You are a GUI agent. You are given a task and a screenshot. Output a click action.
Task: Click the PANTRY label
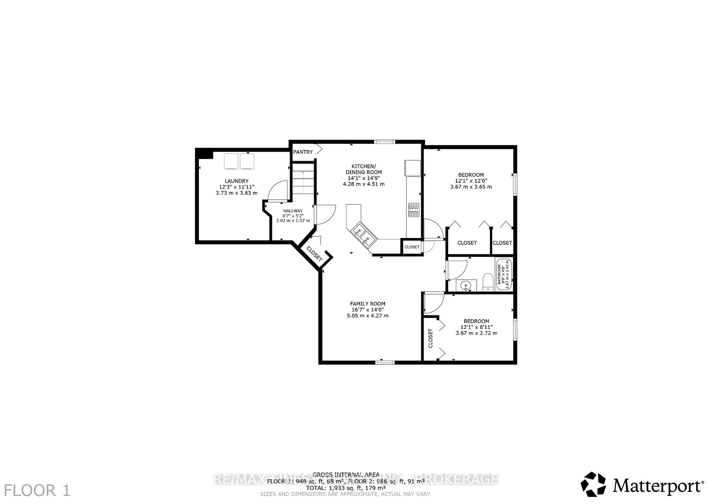[x=303, y=152]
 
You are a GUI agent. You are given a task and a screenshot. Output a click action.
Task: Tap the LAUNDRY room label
[x=237, y=181]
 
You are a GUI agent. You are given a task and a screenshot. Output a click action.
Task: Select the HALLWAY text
[x=293, y=211]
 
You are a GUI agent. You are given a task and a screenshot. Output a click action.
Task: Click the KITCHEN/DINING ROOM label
[x=364, y=169]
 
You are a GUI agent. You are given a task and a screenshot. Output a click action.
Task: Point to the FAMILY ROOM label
[x=367, y=304]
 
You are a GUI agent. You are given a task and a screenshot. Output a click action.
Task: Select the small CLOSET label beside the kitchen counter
[x=412, y=247]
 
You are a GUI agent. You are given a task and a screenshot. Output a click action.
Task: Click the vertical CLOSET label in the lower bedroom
[x=430, y=338]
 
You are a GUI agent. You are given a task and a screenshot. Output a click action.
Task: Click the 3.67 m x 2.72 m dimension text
[x=476, y=333]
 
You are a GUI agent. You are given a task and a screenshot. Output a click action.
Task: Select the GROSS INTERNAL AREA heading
[x=346, y=474]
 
